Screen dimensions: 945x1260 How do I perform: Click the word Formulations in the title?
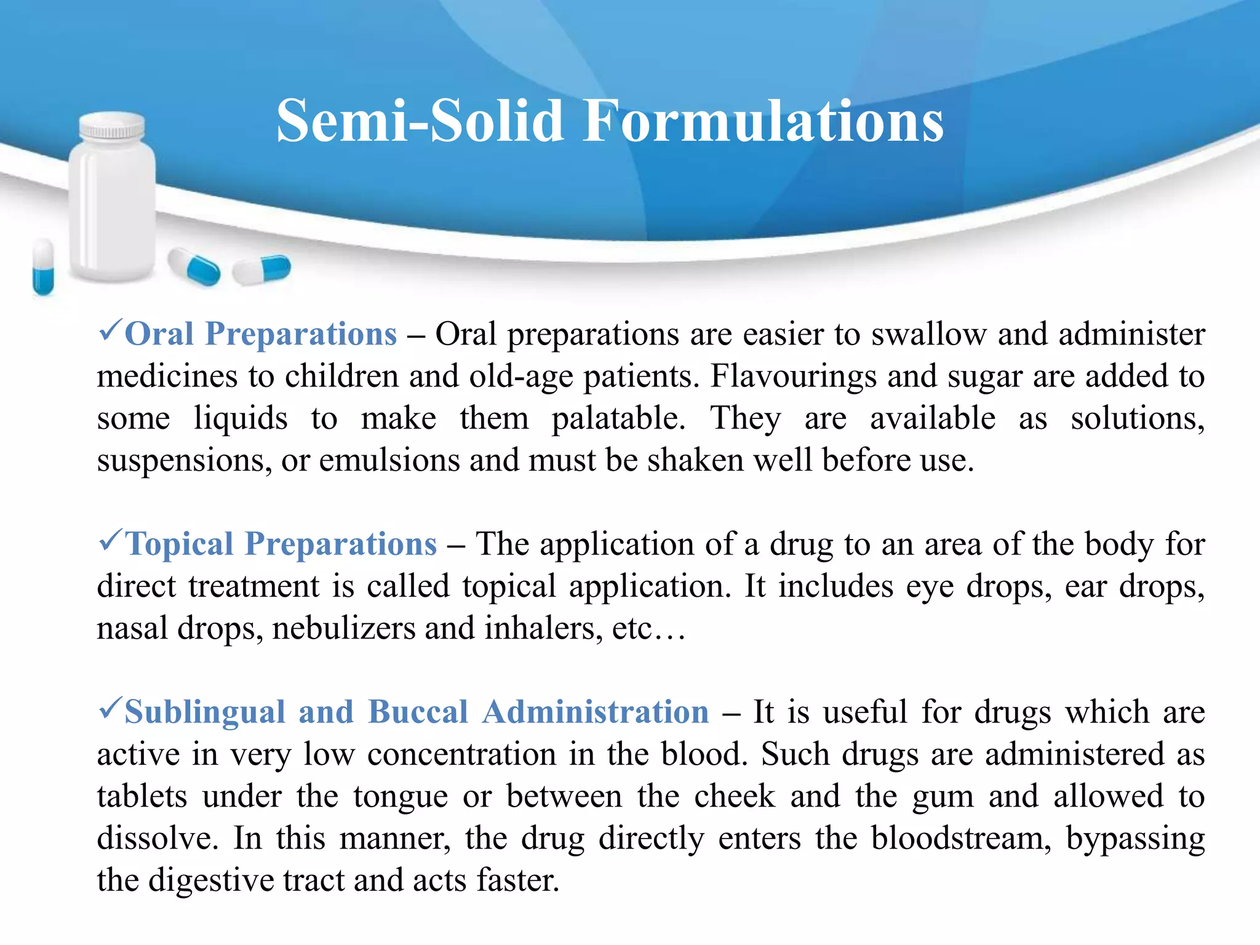[763, 121]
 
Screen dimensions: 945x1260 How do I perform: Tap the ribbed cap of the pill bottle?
[112, 126]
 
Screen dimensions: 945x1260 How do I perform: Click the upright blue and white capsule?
[43, 267]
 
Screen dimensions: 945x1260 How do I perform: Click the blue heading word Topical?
[179, 544]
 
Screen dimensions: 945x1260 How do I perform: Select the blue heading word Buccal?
[418, 712]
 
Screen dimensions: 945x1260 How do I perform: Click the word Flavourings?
[793, 377]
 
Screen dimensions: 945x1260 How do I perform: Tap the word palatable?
[618, 419]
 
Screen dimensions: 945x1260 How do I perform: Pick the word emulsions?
[389, 460]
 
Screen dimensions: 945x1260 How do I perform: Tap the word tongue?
[401, 797]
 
